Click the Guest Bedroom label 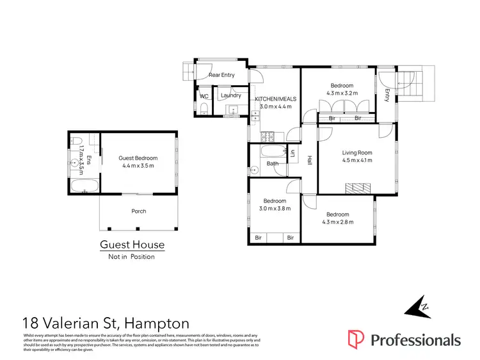(138, 158)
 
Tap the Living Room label (357, 152)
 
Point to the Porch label (138, 211)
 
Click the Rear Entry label (221, 75)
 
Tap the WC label (204, 96)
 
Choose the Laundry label (230, 96)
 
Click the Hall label (310, 160)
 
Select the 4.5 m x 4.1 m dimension (357, 160)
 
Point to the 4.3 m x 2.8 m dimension (337, 222)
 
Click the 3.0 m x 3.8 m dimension (275, 208)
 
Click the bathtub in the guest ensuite (83, 187)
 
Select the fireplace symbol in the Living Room (356, 187)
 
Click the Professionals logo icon (356, 340)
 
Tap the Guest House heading (132, 245)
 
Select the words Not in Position (131, 256)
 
